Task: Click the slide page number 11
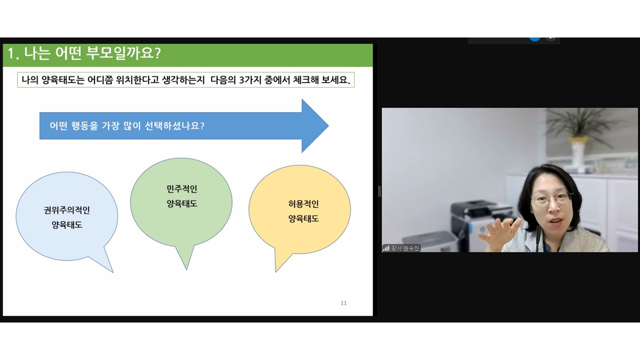tap(343, 303)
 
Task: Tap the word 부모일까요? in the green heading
tap(123, 53)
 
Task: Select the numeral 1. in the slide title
tap(13, 53)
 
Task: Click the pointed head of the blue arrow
tap(315, 125)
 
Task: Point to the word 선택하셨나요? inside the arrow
tap(174, 125)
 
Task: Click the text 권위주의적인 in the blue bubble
tap(67, 210)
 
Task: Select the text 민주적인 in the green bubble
tap(181, 188)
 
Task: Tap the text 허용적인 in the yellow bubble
tap(303, 204)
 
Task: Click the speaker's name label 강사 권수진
tap(405, 248)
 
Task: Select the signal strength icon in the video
tap(386, 248)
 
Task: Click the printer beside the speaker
tap(483, 223)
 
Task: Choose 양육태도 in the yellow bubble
tap(303, 219)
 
